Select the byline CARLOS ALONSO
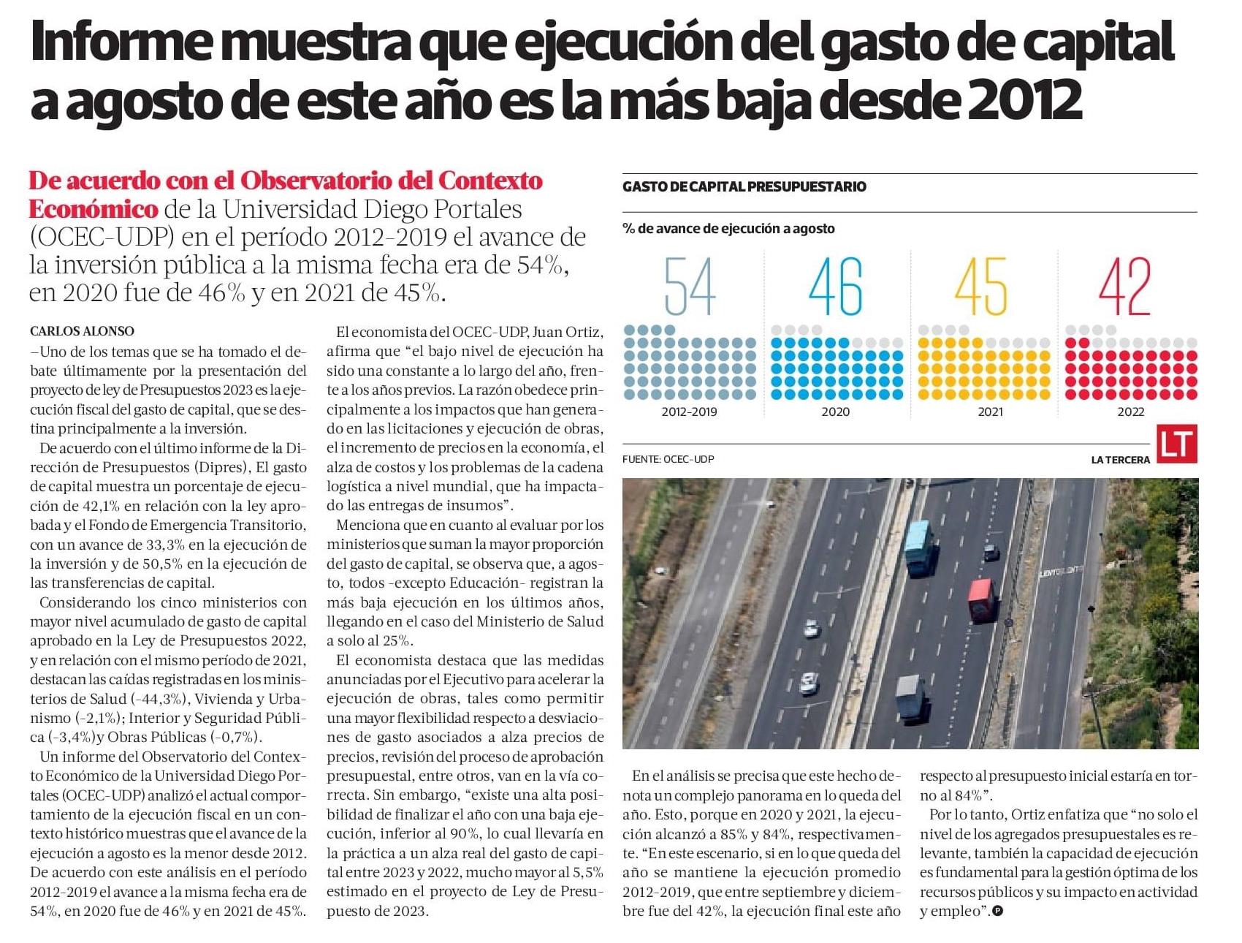pyautogui.click(x=83, y=331)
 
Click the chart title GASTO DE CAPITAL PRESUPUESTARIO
pyautogui.click(x=744, y=186)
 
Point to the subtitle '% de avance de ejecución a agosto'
pyautogui.click(x=728, y=228)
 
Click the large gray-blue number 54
pyautogui.click(x=690, y=286)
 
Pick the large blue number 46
pyautogui.click(x=836, y=286)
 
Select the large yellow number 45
pyautogui.click(x=981, y=286)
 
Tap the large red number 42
pyautogui.click(x=1125, y=286)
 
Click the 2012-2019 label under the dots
pyautogui.click(x=689, y=412)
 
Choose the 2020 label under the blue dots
pyautogui.click(x=836, y=412)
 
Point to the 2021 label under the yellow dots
pyautogui.click(x=990, y=412)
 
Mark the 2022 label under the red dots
pyautogui.click(x=1130, y=412)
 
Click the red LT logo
pyautogui.click(x=1177, y=444)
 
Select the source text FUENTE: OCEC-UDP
pyautogui.click(x=668, y=459)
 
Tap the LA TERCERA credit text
pyautogui.click(x=1120, y=460)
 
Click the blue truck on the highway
pyautogui.click(x=919, y=548)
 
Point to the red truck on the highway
pyautogui.click(x=981, y=601)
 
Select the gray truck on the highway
pyautogui.click(x=910, y=698)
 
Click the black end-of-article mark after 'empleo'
pyautogui.click(x=998, y=911)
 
